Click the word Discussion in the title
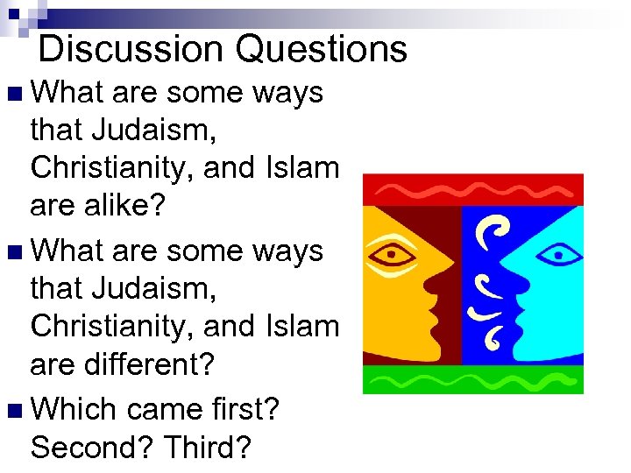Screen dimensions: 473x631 131,49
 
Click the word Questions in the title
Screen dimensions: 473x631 322,49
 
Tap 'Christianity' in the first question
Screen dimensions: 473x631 106,166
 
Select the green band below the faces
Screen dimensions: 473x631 472,380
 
